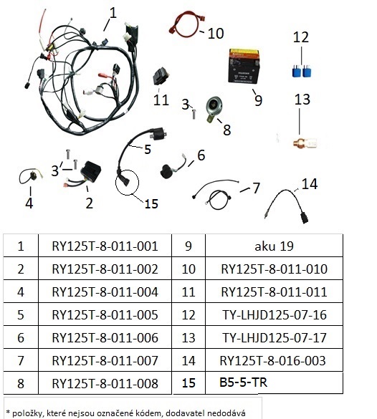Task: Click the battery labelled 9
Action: (244, 66)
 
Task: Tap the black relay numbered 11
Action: (161, 77)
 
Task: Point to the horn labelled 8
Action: (214, 109)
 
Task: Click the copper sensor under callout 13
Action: (305, 143)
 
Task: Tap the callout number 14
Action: (310, 184)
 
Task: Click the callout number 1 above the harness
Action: (113, 13)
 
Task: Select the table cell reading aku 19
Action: (274, 246)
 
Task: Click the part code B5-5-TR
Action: (243, 382)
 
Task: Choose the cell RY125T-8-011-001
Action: (105, 246)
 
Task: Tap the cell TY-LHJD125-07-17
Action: (274, 337)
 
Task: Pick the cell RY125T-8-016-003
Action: (274, 360)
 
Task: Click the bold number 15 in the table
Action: (188, 382)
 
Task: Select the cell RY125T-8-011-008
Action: (105, 383)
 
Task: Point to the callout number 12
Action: (301, 37)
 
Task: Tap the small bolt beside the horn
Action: (194, 114)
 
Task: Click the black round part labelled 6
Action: (167, 172)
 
